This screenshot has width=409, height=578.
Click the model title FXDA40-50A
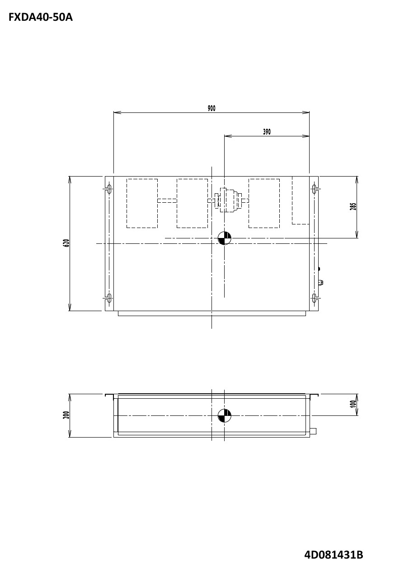click(x=40, y=18)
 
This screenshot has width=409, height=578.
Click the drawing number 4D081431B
click(x=334, y=555)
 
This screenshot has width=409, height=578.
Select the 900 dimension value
click(x=212, y=108)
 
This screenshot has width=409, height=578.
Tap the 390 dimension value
click(x=267, y=132)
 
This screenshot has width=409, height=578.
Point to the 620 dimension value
click(x=66, y=243)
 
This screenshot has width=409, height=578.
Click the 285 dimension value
click(x=353, y=206)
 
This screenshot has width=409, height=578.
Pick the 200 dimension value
click(x=66, y=415)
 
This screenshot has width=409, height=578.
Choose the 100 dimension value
click(x=353, y=404)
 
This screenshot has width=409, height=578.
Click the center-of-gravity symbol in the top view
click(x=225, y=238)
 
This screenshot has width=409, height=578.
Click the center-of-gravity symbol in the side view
click(x=225, y=415)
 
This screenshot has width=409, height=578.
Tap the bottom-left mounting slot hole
click(x=109, y=298)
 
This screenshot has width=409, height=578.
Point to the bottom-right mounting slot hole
click(x=315, y=298)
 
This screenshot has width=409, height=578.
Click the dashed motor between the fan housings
click(x=229, y=200)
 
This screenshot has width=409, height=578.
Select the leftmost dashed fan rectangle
click(x=142, y=203)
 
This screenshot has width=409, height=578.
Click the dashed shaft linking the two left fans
click(x=167, y=200)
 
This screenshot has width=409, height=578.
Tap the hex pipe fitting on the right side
click(x=320, y=283)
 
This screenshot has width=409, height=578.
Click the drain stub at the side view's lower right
click(x=313, y=431)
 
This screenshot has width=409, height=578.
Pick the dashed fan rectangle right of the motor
click(x=264, y=203)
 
